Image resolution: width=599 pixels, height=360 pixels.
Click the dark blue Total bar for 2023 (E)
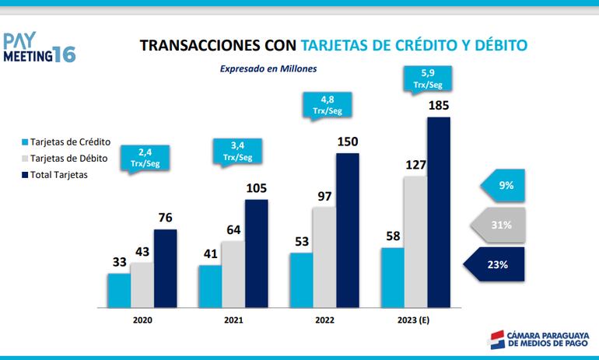point(439,211)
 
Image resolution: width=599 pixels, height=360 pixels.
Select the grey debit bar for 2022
point(324,257)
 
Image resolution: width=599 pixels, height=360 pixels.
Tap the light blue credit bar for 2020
point(119,289)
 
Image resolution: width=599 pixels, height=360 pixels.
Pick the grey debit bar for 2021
point(233,274)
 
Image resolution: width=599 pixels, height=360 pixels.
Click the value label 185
point(439,105)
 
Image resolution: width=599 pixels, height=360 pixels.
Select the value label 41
point(209,253)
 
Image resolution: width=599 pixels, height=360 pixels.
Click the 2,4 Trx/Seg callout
point(145,156)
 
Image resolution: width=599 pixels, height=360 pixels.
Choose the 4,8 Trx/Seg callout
point(328,105)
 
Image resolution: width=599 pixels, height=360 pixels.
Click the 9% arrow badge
point(505,185)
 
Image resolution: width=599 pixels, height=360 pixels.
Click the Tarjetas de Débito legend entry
point(70,159)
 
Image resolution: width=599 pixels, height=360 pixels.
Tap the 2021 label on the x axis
point(233,320)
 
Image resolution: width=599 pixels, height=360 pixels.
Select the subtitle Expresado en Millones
point(268,68)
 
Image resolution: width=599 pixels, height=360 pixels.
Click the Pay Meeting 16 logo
point(38,47)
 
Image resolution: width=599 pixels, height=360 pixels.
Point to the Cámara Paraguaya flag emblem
point(496,339)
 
